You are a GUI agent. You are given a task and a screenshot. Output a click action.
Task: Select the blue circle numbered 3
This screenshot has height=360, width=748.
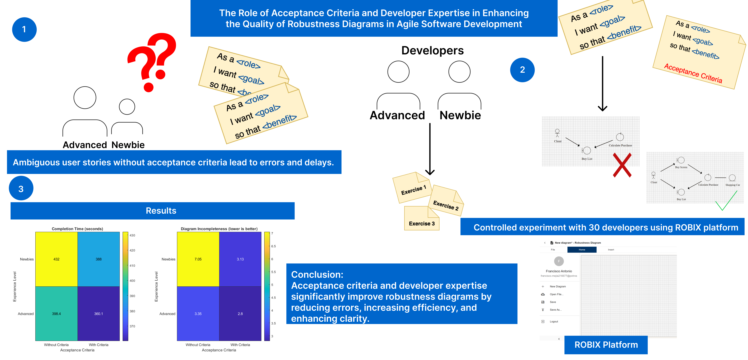coord(21,189)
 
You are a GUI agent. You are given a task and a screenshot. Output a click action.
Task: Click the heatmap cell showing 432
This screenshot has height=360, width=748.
coord(56,259)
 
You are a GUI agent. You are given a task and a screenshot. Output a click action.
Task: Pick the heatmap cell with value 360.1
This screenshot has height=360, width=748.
coord(98,314)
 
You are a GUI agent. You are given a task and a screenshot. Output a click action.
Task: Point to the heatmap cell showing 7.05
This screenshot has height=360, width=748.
coord(198,259)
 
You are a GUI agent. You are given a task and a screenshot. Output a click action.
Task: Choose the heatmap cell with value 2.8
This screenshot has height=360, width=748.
coord(240,314)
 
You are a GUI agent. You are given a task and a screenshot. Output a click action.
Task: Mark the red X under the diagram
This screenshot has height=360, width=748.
coord(622,165)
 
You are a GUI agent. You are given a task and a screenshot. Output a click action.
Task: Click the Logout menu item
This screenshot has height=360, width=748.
coord(554,321)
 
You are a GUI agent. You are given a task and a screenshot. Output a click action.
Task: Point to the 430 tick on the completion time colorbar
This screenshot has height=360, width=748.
coord(132,235)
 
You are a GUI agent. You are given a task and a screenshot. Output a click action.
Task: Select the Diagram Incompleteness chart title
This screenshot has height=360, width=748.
coord(219,229)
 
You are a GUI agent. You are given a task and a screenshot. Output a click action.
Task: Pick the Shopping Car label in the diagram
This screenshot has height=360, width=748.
coord(732,185)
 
